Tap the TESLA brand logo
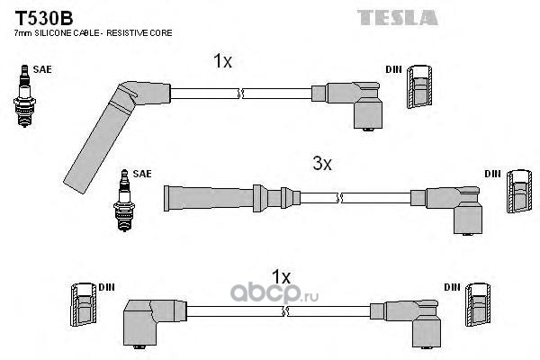coord(397,17)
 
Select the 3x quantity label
coord(322,164)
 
